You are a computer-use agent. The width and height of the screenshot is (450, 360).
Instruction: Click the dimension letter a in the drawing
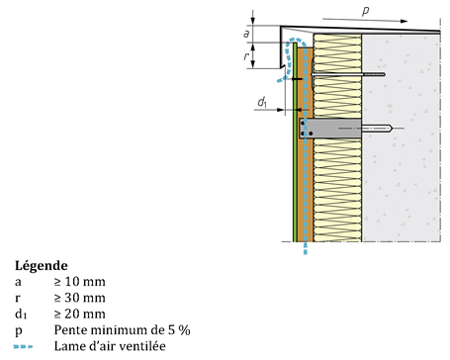pos(246,34)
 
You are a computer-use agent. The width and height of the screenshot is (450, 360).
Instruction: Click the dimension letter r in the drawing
pos(246,56)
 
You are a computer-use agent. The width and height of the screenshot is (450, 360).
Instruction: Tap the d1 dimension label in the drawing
pos(262,102)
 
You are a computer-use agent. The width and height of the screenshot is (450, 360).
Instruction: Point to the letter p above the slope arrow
pos(366,11)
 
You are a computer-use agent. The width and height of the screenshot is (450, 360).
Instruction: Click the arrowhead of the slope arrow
pos(404,21)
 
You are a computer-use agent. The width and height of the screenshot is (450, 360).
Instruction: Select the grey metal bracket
pos(330,129)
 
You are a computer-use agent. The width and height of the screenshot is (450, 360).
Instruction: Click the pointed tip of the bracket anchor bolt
pos(392,129)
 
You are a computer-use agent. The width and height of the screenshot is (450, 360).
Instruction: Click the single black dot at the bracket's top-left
pos(303,124)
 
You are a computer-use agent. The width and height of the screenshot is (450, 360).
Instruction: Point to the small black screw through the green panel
pos(297,79)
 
